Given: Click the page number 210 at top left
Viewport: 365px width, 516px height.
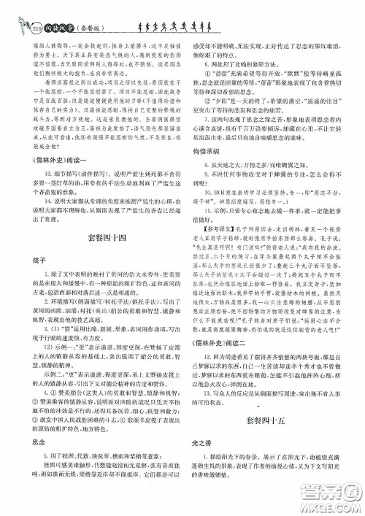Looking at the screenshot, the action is pos(15,10).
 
